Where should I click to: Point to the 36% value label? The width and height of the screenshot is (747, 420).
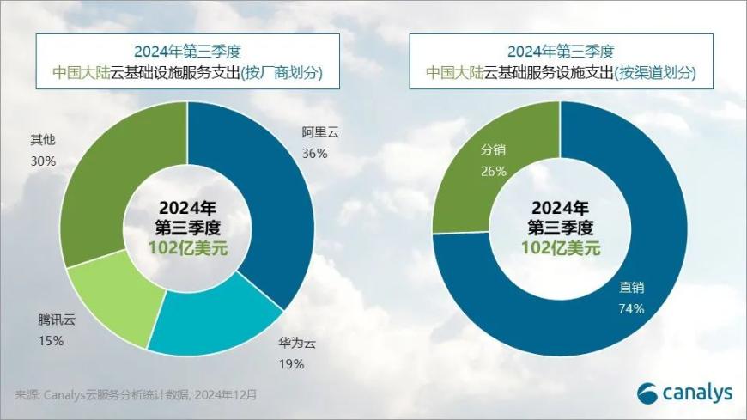pos(315,154)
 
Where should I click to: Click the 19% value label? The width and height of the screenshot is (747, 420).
pos(291,364)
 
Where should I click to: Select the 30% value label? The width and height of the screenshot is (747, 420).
pos(44,161)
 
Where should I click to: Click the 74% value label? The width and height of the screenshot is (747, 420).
pos(631,308)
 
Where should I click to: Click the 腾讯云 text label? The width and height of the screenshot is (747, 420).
pos(57,320)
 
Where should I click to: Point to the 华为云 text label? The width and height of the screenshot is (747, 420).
pos(297,344)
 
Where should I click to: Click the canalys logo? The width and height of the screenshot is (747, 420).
pos(684,393)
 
